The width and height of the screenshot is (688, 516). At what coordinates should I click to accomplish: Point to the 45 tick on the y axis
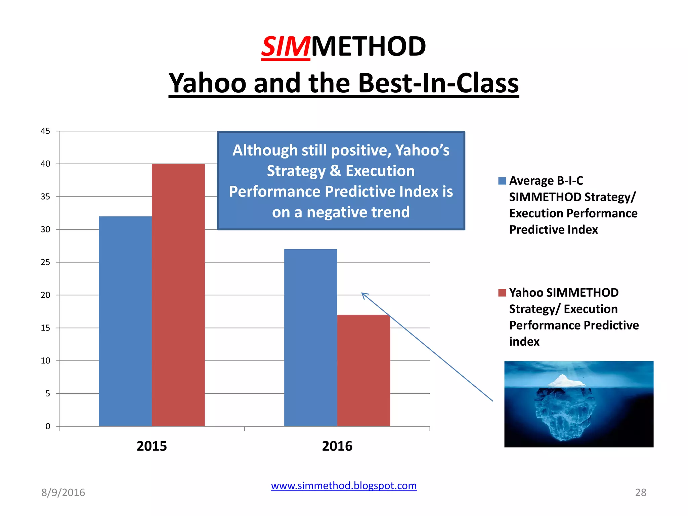click(x=45, y=131)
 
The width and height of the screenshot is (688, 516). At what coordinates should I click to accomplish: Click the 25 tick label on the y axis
click(x=45, y=262)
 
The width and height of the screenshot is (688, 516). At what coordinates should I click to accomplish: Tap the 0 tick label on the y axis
click(x=48, y=426)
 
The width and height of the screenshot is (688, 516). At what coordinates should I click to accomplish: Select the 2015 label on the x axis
click(x=152, y=446)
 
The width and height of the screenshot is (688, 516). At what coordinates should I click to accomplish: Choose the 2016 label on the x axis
click(x=337, y=446)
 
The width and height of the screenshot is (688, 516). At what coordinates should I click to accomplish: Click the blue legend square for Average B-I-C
click(x=502, y=181)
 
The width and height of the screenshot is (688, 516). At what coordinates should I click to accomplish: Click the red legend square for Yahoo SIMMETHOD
click(x=502, y=293)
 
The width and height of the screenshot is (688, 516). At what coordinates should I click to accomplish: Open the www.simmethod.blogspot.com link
click(x=344, y=486)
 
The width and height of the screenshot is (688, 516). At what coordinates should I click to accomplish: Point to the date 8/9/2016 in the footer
click(x=63, y=492)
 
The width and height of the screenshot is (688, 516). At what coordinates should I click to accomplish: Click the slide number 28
click(x=640, y=492)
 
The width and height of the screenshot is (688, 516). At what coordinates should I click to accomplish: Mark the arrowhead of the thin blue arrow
click(x=363, y=294)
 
